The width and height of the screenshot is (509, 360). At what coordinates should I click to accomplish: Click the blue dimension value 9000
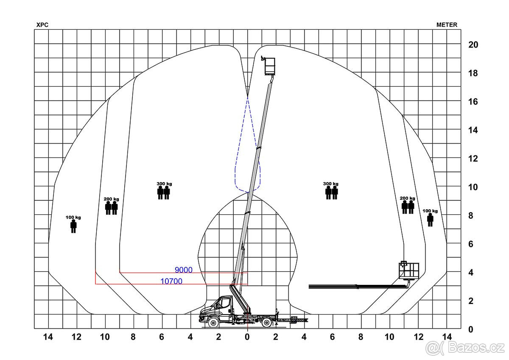184,270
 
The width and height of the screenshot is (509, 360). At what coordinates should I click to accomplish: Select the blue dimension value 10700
171,281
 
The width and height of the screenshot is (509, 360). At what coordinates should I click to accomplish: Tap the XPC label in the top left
42,25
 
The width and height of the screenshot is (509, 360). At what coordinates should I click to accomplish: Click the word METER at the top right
447,25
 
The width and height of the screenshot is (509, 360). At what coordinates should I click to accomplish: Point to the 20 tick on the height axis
473,45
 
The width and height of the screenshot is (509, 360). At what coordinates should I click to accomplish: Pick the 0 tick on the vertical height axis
470,329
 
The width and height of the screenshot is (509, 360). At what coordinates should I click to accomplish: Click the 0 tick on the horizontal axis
247,337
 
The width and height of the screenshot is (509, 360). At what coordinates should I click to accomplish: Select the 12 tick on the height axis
473,159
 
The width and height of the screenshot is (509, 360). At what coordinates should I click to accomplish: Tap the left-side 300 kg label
164,184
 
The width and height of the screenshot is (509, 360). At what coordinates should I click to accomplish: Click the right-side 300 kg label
331,184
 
